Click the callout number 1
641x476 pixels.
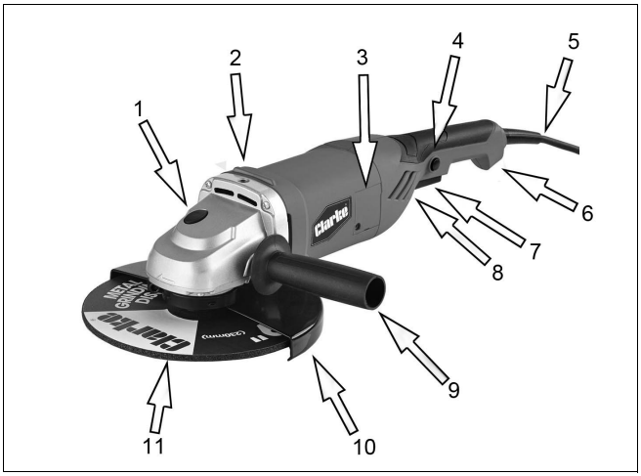tap(142, 103)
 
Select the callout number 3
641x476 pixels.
tap(363, 56)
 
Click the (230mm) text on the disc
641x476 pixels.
tap(228, 336)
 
